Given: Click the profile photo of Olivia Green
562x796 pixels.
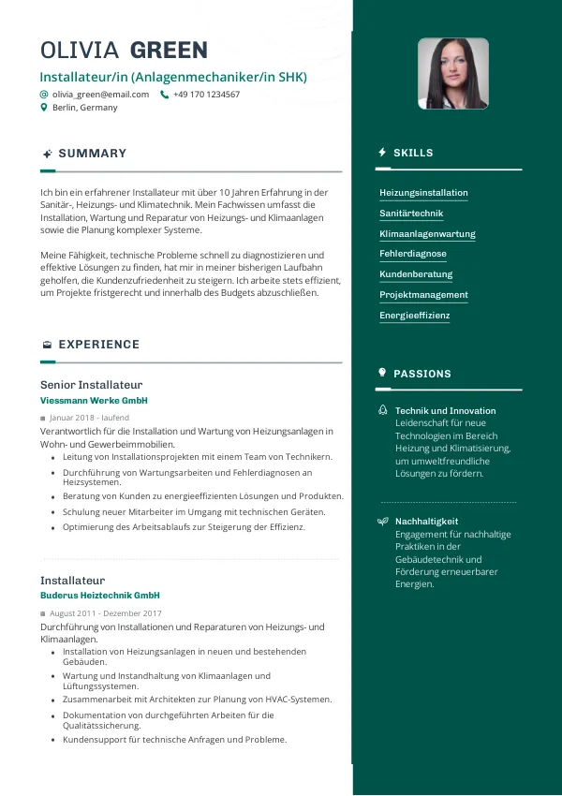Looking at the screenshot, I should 452,73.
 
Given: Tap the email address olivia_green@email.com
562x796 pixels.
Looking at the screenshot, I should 100,95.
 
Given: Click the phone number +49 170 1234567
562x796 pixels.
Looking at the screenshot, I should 206,95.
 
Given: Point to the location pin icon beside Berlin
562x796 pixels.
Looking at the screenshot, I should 44,108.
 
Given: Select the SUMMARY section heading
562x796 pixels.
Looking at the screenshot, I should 92,154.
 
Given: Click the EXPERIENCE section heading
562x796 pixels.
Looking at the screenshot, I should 98,345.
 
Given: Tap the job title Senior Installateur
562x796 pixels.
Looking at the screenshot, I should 91,385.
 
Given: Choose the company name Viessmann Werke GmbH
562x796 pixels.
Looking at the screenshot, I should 94,401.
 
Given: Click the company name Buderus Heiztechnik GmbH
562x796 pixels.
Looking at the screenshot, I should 100,596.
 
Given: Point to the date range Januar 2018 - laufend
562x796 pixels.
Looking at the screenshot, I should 89,418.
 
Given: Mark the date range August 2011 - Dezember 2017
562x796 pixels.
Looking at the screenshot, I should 106,613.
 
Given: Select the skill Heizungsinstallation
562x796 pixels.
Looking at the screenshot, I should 423,193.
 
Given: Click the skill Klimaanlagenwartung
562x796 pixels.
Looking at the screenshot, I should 427,234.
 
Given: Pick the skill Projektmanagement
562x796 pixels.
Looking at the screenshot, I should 423,295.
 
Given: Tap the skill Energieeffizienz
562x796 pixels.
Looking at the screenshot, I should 414,316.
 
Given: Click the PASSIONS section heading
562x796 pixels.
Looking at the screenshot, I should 421,374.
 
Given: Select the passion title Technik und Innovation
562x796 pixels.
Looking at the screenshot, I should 445,411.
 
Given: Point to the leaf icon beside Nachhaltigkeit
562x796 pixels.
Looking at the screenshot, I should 382,521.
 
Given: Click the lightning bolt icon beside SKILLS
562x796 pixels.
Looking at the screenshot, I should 382,153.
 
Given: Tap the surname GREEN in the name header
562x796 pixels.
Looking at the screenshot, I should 169,51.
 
